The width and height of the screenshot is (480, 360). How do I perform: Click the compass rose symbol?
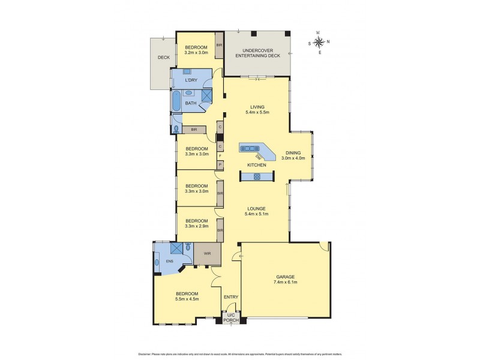point(319,42)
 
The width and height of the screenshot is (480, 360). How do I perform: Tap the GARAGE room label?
point(285,277)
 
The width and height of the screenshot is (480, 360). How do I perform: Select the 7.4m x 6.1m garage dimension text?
point(285,282)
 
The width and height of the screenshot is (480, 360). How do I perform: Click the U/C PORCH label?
point(231,318)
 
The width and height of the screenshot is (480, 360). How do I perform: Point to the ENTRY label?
point(231,296)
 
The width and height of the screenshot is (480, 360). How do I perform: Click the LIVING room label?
point(257,107)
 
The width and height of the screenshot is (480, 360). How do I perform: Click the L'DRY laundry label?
point(191,80)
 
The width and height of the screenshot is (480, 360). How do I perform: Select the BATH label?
point(191,103)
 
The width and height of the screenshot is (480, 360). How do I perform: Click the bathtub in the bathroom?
point(175,100)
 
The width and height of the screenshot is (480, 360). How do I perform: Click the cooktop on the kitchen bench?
point(257,176)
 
